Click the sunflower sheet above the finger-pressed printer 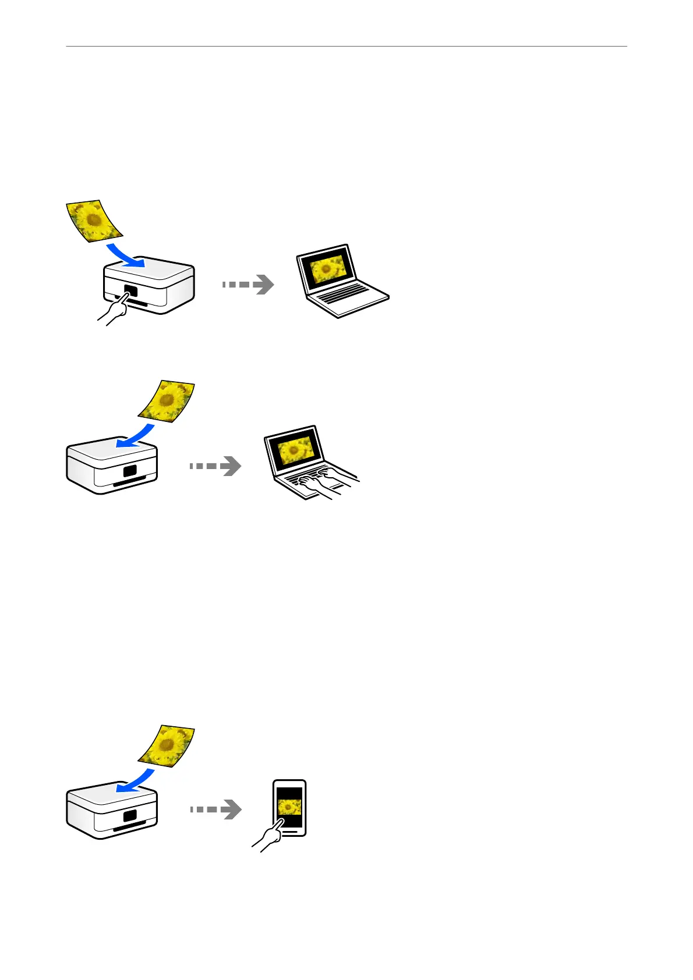tap(94, 221)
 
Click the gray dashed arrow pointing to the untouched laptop tap(248, 285)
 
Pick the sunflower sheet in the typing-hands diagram tap(167, 401)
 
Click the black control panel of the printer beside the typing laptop tap(130, 471)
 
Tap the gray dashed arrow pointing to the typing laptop tap(215, 466)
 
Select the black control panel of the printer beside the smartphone tap(130, 815)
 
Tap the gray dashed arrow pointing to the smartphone tap(215, 809)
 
